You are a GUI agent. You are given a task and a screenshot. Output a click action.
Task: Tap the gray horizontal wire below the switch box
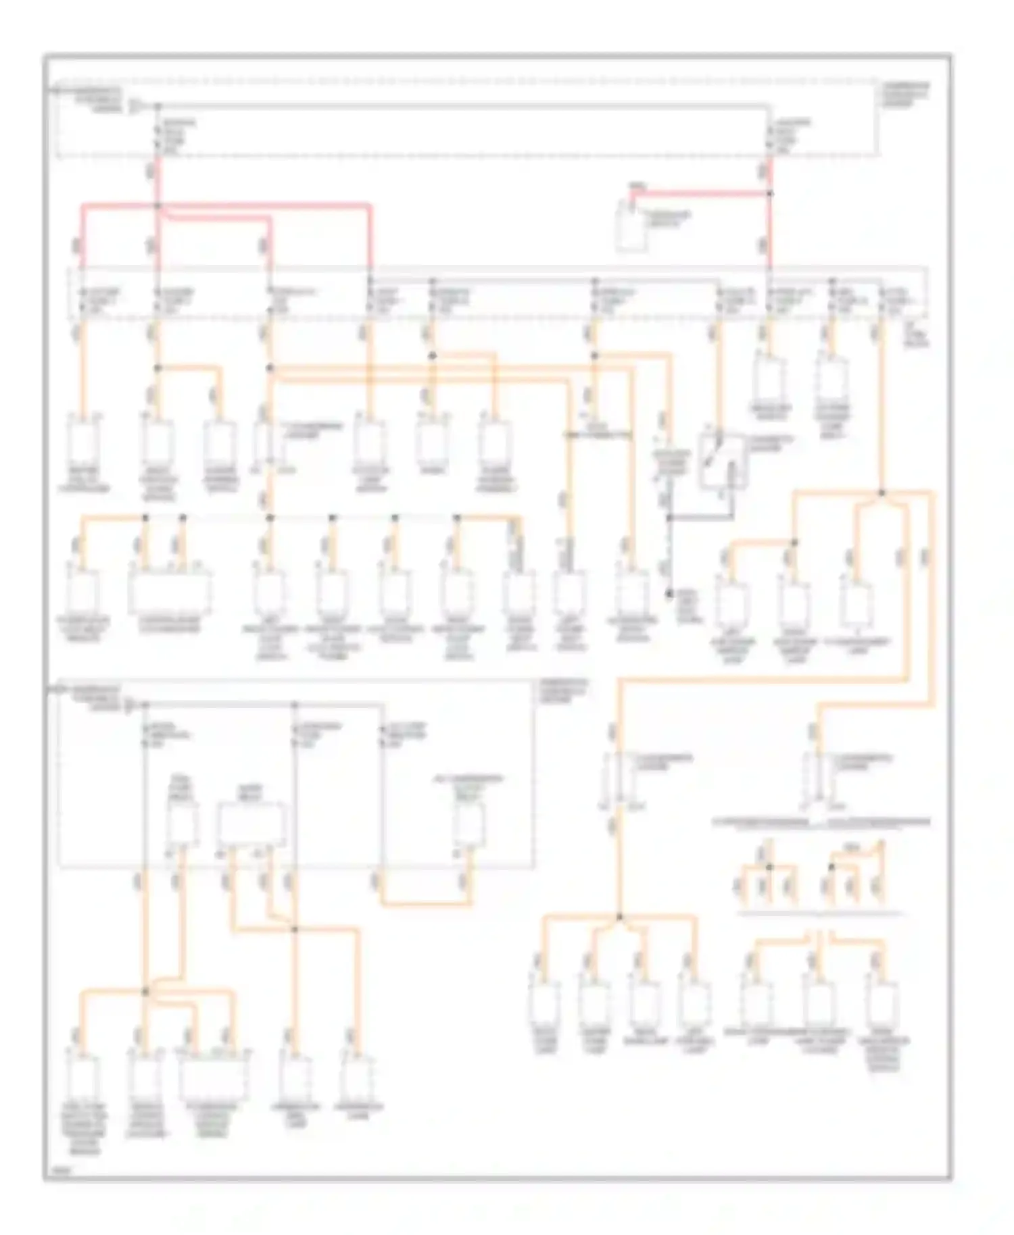pyautogui.click(x=700, y=518)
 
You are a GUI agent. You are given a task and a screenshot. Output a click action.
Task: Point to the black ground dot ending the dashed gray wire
pyautogui.click(x=669, y=594)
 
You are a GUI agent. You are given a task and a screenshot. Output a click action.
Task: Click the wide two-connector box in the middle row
pyautogui.click(x=169, y=593)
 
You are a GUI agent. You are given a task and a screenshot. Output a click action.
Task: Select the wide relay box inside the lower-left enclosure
pyautogui.click(x=250, y=824)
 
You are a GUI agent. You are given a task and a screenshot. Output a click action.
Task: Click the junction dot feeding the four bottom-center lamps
pyautogui.click(x=619, y=917)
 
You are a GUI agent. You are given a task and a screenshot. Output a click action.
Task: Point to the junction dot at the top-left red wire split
pyautogui.click(x=158, y=205)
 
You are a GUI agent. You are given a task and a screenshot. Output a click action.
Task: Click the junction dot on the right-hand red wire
pyautogui.click(x=770, y=194)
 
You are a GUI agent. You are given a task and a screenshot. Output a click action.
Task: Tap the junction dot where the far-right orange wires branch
pyautogui.click(x=882, y=493)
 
